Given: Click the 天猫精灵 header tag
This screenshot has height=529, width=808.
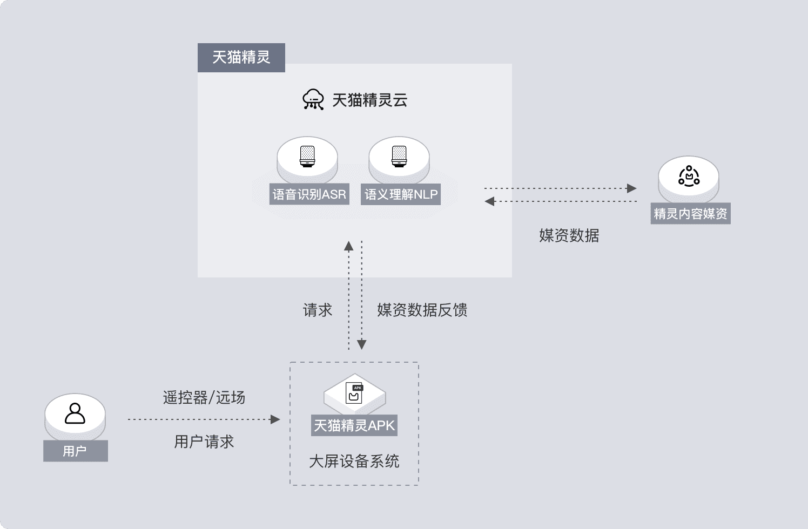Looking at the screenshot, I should pos(241,57).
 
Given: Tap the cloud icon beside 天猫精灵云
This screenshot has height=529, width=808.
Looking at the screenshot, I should pos(313,99).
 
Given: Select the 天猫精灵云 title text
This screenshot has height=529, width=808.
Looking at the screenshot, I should pos(369,100).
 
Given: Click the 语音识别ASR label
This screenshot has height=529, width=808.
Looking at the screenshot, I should pos(309,194).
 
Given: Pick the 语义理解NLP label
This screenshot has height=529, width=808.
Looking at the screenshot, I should pos(401,194).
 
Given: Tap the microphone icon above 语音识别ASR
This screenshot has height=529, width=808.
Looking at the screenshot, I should pos(307,156).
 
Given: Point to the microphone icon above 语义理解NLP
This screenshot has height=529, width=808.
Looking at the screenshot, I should pos(399,156).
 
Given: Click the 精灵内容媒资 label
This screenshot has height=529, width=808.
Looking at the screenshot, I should pos(690,214).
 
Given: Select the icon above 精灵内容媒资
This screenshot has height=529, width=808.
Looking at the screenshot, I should pos(689,176).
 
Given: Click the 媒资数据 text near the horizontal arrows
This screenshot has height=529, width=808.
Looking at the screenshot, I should pos(569,235).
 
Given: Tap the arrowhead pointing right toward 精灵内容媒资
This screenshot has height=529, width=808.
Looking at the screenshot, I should pos(631,188).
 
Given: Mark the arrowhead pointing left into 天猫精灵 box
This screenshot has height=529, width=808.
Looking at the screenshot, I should pos(490,201).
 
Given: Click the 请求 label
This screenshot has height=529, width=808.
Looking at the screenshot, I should pos(318,310).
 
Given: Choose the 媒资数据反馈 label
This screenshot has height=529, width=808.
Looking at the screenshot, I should pos(422,310).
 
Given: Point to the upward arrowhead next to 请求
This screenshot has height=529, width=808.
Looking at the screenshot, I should pos(349,246).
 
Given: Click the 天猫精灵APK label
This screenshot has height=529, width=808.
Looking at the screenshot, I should pos(354,425).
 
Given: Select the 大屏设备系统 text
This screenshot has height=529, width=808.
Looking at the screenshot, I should pos(354,461).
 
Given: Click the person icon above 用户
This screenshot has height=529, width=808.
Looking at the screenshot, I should pos(75,413).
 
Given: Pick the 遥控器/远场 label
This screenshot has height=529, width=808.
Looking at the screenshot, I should pos(204,398).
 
